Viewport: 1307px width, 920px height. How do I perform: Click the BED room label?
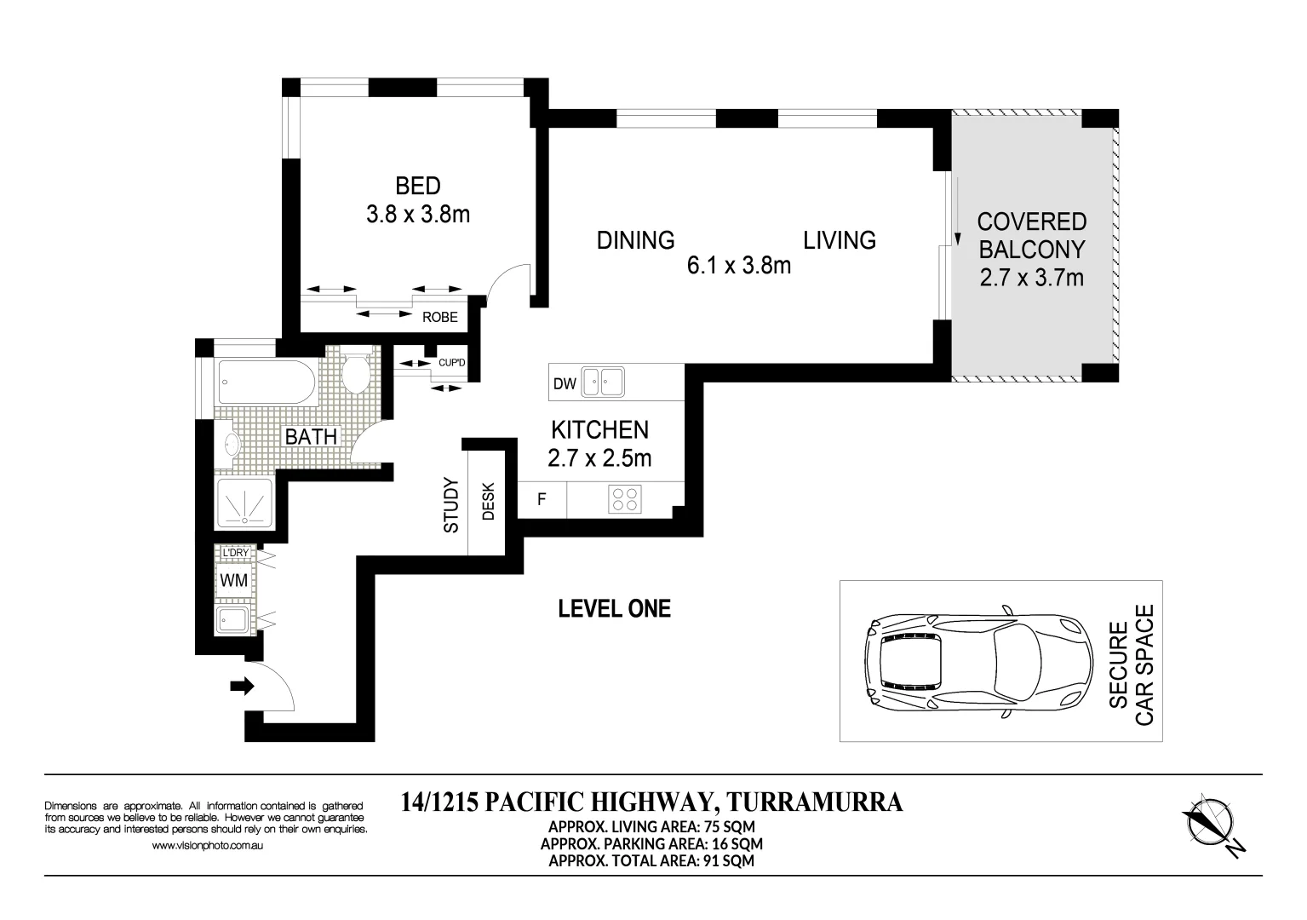pyautogui.click(x=417, y=186)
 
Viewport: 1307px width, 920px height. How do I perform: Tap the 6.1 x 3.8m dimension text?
pyautogui.click(x=738, y=266)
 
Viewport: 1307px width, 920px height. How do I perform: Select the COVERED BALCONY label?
pyautogui.click(x=1031, y=236)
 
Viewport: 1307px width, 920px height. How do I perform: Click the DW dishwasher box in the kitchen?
pyautogui.click(x=565, y=384)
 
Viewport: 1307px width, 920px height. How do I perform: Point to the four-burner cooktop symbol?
pyautogui.click(x=624, y=498)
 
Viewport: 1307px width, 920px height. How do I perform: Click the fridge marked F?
pyautogui.click(x=542, y=499)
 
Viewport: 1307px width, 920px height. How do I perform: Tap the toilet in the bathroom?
pyautogui.click(x=355, y=371)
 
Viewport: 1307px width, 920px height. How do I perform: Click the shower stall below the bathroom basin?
pyautogui.click(x=244, y=503)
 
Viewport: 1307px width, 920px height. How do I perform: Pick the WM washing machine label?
pyautogui.click(x=233, y=581)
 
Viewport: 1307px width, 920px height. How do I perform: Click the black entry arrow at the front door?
pyautogui.click(x=243, y=686)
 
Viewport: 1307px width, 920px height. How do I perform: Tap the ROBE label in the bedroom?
pyautogui.click(x=440, y=318)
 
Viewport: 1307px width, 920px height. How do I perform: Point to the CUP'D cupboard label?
pyautogui.click(x=451, y=364)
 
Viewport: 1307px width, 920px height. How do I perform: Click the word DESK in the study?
pyautogui.click(x=489, y=503)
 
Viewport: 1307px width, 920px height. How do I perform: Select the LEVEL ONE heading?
pyautogui.click(x=614, y=609)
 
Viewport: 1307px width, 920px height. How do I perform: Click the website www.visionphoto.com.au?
pyautogui.click(x=206, y=846)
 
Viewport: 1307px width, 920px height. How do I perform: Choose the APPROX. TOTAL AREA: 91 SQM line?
pyautogui.click(x=651, y=860)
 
